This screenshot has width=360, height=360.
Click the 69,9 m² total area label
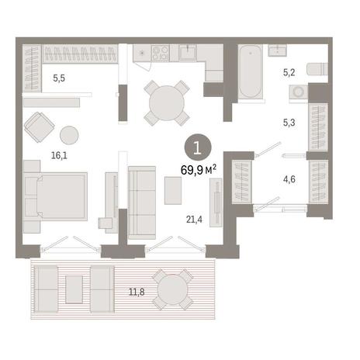[x=198, y=170]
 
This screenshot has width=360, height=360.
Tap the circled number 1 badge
[x=198, y=147]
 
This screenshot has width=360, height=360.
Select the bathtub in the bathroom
[x=250, y=71]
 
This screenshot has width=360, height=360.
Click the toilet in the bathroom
[x=317, y=69]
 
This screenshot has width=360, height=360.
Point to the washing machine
[x=299, y=92]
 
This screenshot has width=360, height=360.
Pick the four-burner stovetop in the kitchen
[x=161, y=53]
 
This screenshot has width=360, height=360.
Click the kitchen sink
[x=188, y=52]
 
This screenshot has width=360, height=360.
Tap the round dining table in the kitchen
[x=167, y=103]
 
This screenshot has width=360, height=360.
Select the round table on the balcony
[x=172, y=289]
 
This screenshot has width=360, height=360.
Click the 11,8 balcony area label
[x=137, y=292]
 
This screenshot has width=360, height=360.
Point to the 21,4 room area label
[x=194, y=220]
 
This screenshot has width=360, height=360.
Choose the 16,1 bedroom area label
[x=59, y=155]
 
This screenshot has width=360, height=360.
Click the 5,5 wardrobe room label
[x=59, y=78]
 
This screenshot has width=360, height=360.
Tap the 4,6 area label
[x=289, y=179]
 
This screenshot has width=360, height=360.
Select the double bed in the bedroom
[x=55, y=196]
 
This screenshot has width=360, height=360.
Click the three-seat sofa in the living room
[x=142, y=202]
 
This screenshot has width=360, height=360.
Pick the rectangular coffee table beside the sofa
[x=173, y=191]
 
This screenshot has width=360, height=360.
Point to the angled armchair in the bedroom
[x=40, y=127]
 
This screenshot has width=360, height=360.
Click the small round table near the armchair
[x=69, y=135]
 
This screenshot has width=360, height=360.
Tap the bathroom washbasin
[x=277, y=50]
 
